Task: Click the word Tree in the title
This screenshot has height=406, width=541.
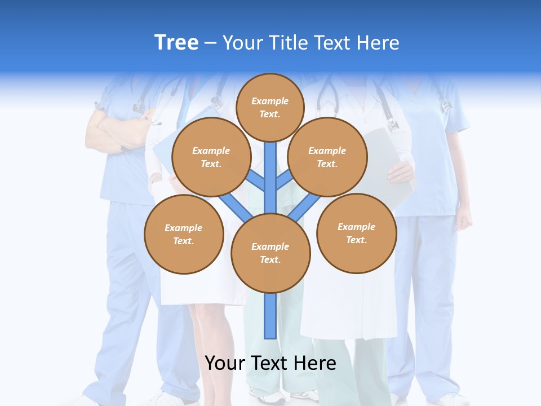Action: click(176, 42)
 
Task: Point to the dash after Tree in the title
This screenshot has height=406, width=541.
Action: click(211, 43)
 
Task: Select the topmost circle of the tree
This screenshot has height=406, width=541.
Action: click(270, 107)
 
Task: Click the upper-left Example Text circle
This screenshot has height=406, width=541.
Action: click(211, 157)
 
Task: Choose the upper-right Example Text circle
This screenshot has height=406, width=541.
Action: click(327, 157)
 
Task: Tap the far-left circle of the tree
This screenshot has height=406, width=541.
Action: click(183, 234)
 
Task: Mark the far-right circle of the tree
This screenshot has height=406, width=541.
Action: click(356, 233)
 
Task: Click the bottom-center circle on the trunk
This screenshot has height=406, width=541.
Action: click(270, 253)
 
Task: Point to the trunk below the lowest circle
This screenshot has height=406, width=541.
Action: click(270, 316)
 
